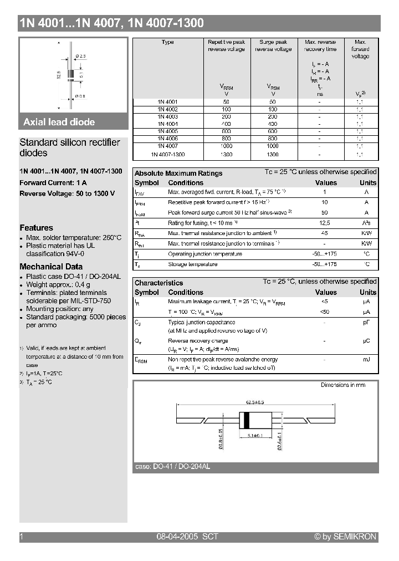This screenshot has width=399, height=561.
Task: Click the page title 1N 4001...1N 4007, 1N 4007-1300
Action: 111,23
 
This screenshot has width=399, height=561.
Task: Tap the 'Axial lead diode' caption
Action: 59,122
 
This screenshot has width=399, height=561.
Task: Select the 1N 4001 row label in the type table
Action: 167,102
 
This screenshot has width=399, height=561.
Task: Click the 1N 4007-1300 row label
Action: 167,155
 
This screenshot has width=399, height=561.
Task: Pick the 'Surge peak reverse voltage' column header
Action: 273,45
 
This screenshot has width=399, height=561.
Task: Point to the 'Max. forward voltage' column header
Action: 360,49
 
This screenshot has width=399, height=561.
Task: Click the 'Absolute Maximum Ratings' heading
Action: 178,173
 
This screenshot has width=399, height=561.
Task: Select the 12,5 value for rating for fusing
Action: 325,223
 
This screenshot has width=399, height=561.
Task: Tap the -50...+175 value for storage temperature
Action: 325,264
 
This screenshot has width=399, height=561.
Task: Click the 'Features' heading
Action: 37,228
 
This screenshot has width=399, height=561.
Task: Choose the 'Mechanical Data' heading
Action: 51,267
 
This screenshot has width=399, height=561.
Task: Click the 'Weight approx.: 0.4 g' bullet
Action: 58,284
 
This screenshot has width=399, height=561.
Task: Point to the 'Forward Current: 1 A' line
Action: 53,182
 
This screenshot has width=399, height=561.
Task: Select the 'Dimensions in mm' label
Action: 343,385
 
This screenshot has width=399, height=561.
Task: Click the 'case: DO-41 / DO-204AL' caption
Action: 172,467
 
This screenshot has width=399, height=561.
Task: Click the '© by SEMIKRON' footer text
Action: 345,537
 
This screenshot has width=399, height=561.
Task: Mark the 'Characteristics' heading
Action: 158,283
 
